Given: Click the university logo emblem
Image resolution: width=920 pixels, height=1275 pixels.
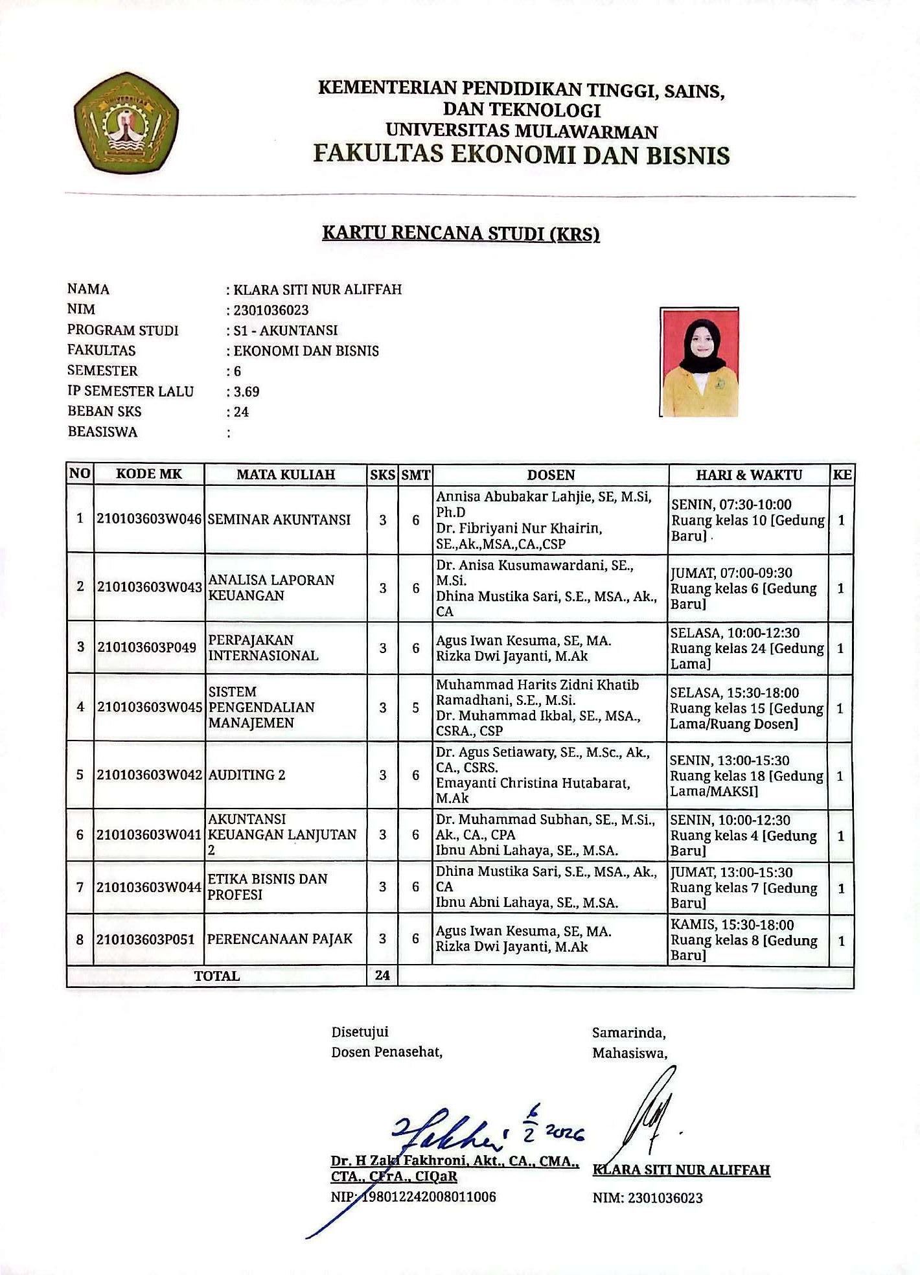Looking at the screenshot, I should tap(126, 122).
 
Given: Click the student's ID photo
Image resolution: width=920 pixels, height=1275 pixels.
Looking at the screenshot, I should tap(699, 362).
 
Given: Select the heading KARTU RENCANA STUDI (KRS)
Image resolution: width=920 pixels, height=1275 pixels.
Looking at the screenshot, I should tap(461, 233).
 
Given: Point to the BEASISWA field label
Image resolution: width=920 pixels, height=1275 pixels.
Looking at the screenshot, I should tap(102, 432).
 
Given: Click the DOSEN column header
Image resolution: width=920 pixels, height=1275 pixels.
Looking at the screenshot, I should tap(551, 475).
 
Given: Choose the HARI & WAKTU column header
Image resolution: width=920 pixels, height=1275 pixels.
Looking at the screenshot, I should tap(749, 475).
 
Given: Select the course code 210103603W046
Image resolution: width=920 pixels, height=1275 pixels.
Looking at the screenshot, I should tap(149, 520).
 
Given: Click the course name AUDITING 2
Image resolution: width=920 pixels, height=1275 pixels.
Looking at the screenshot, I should tap(246, 775).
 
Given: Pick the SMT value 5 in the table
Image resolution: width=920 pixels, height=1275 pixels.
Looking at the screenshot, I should tap(416, 707).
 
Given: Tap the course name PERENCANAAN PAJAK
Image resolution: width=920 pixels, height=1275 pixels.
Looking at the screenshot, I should tap(280, 939).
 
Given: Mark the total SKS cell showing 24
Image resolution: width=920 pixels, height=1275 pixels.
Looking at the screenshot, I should tap(382, 975).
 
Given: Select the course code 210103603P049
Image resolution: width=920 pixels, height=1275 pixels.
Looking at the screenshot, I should tap(146, 647).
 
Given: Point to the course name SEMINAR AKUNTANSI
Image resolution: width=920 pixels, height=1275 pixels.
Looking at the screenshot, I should tap(279, 520).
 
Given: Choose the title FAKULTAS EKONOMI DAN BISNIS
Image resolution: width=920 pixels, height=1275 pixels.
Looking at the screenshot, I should tap(522, 155).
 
